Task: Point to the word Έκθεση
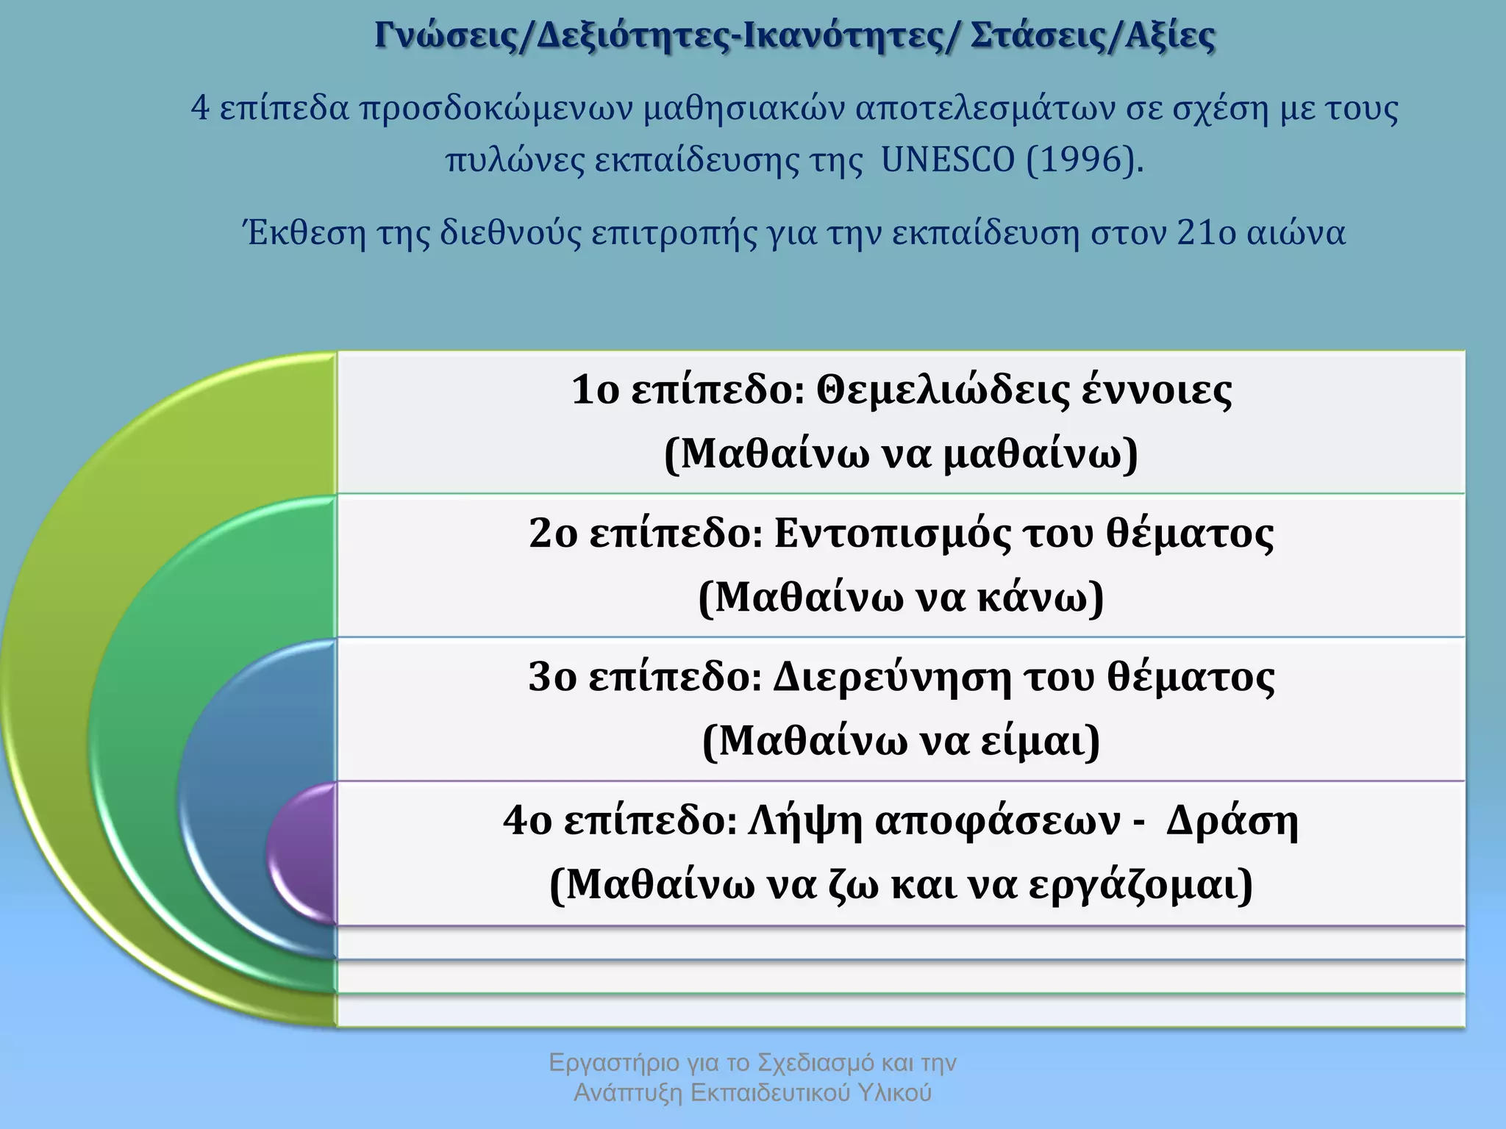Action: tap(304, 234)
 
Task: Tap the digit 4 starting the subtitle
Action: tap(200, 109)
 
